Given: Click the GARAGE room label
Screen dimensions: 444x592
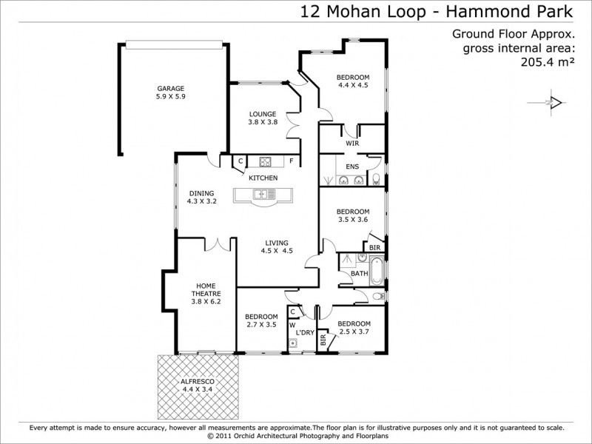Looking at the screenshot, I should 170,92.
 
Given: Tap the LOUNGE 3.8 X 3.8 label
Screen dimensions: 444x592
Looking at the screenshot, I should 263,118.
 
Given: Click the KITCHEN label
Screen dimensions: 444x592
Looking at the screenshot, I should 263,178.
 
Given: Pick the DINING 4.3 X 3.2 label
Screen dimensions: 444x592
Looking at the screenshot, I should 201,198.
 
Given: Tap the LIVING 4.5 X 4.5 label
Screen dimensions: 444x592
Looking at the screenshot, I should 277,246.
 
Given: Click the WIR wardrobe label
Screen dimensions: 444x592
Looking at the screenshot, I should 352,143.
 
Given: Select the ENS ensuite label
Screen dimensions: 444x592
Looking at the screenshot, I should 352,166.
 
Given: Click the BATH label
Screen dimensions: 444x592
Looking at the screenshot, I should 359,274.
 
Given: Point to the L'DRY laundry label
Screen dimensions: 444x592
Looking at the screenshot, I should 305,333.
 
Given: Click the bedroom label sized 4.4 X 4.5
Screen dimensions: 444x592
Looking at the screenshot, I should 353,81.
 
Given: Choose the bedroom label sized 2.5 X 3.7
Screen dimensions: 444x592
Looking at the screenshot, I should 354,327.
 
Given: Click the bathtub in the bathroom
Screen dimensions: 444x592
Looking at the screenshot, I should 377,272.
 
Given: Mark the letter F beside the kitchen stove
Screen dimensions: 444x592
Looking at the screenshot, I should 292,161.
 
